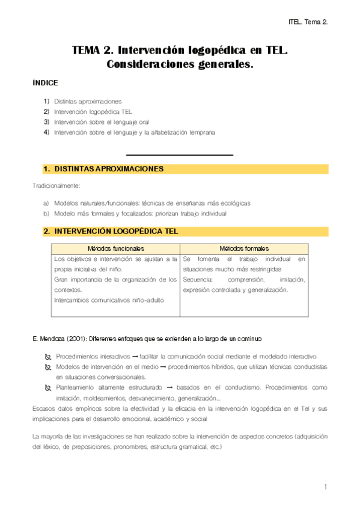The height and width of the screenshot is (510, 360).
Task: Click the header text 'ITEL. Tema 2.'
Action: (x=307, y=22)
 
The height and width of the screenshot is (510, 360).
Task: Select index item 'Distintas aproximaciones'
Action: (x=87, y=101)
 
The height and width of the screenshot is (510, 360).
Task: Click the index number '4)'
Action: (x=46, y=132)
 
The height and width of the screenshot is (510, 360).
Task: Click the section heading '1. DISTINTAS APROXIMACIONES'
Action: (x=103, y=170)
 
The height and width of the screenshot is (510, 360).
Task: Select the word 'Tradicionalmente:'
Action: (x=56, y=186)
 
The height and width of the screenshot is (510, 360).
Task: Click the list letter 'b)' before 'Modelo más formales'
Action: (x=46, y=214)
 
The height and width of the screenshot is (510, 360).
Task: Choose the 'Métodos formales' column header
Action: (x=244, y=248)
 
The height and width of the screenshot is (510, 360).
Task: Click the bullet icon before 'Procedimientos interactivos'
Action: (x=48, y=357)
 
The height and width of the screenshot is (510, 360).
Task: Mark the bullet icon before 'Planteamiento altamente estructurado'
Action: (x=48, y=388)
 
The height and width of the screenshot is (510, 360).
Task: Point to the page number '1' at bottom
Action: (x=325, y=486)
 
